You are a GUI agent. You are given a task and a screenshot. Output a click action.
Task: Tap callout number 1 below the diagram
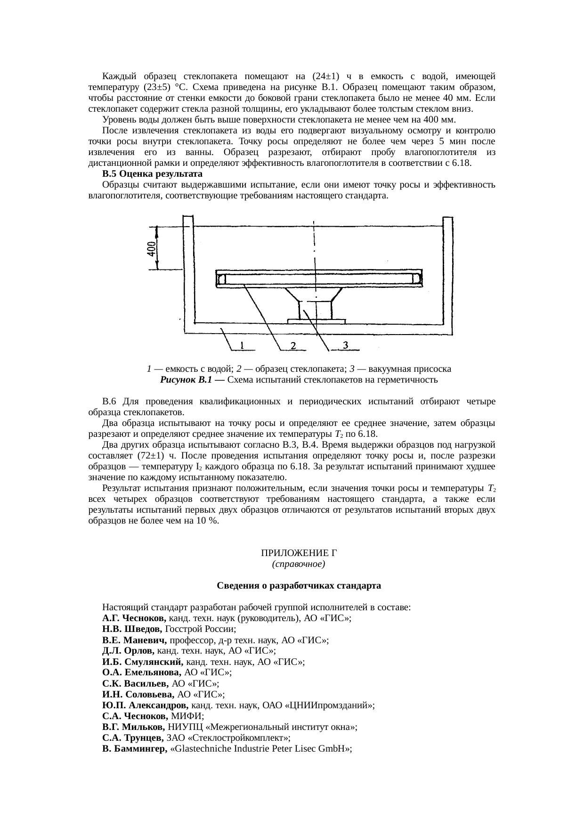point(242,346)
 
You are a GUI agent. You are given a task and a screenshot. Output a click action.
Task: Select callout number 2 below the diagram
point(292,346)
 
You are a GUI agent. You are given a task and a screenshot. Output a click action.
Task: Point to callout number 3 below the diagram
point(345,345)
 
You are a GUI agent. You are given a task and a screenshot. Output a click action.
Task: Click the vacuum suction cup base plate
point(316,321)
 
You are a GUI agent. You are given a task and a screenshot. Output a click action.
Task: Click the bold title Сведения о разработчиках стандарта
point(299,586)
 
